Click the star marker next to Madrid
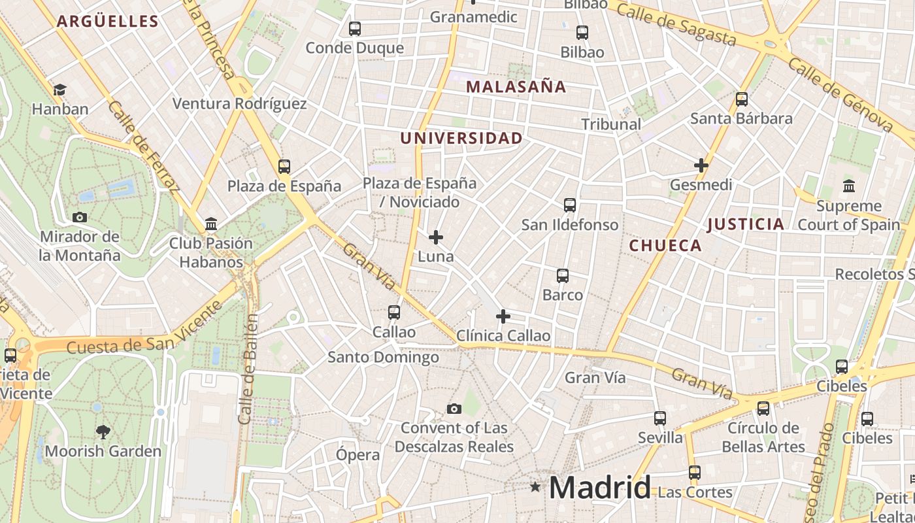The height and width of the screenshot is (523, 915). click(536, 487)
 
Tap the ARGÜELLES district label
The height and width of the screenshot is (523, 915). click(108, 22)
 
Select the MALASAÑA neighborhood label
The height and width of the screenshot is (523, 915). click(516, 87)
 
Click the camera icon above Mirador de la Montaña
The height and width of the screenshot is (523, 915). click(80, 217)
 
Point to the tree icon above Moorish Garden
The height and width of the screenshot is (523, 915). click(103, 431)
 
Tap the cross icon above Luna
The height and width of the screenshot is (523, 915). click(436, 237)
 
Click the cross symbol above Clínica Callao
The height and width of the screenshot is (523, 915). click(503, 317)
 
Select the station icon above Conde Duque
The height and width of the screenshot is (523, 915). click(355, 29)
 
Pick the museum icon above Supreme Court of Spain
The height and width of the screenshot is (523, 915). click(849, 186)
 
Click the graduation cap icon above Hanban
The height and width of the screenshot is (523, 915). click(59, 90)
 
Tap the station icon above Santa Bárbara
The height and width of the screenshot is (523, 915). click(742, 99)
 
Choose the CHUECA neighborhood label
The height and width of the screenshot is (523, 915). click(665, 246)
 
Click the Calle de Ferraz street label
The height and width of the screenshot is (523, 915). click(144, 147)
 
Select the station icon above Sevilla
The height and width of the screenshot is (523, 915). click(660, 418)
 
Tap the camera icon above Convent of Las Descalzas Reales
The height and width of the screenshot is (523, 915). click(454, 409)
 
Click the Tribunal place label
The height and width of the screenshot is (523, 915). click(611, 124)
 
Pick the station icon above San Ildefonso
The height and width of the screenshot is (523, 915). click(570, 205)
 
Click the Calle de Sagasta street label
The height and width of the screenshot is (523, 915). click(676, 24)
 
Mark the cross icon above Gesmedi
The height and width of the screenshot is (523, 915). click(701, 165)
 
